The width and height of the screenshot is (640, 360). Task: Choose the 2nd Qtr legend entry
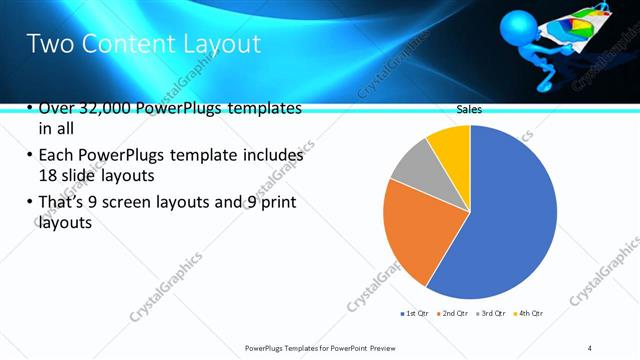(x=456, y=314)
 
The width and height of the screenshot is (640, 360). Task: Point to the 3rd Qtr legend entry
(x=493, y=314)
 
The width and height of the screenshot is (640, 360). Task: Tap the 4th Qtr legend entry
(x=529, y=314)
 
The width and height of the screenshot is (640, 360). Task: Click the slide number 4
(x=589, y=347)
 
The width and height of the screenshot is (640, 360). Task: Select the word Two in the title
(x=46, y=44)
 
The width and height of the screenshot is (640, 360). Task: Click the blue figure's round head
(x=518, y=23)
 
